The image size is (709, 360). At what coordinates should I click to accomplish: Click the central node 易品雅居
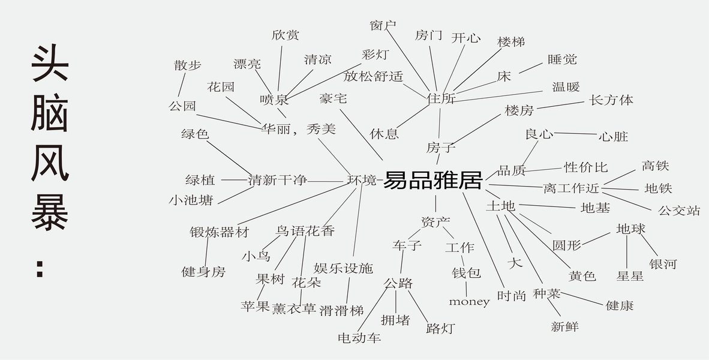(x=432, y=180)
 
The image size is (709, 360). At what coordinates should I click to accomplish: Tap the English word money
(x=469, y=302)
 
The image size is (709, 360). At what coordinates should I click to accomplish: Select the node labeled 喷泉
(x=274, y=100)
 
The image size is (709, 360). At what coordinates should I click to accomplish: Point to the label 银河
(x=663, y=264)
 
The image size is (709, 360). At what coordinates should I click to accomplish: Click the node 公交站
(x=679, y=211)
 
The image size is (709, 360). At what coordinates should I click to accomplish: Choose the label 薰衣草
(x=294, y=309)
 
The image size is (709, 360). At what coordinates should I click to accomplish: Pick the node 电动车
(x=359, y=338)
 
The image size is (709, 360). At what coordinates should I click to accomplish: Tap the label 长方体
(x=611, y=100)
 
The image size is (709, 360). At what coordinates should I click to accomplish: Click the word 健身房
(x=203, y=272)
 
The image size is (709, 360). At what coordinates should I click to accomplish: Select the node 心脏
(x=613, y=137)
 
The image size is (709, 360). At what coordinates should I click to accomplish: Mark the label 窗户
(x=383, y=25)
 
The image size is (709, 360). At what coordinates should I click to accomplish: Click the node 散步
(x=188, y=65)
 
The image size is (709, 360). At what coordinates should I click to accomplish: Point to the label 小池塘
(x=191, y=200)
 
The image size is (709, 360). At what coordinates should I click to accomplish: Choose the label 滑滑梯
(x=341, y=311)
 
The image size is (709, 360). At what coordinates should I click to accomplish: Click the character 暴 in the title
(x=50, y=214)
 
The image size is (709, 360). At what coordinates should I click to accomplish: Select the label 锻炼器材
(x=219, y=232)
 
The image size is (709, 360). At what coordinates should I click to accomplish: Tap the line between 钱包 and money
(x=466, y=289)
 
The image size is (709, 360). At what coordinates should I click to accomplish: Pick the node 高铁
(x=655, y=166)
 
